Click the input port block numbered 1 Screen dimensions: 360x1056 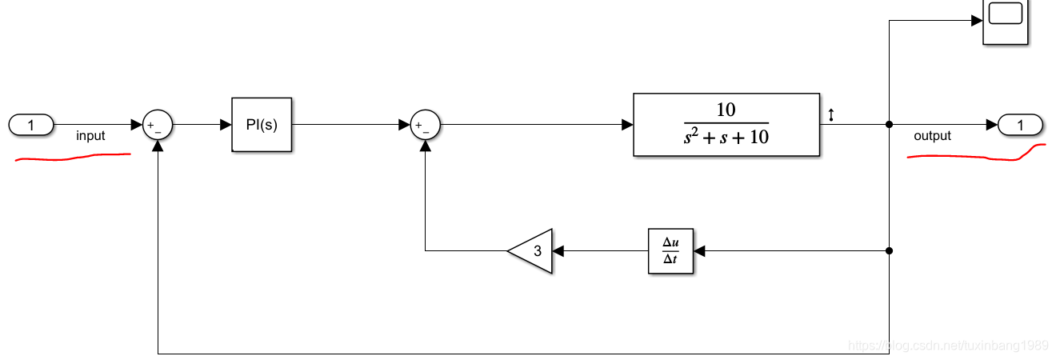(31, 125)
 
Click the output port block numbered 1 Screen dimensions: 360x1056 (1020, 125)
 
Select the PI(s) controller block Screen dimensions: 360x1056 (262, 125)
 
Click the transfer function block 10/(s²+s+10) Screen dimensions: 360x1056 (726, 125)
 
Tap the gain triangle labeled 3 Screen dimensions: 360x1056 (533, 250)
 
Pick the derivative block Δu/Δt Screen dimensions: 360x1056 (670, 250)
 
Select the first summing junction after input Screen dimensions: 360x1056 (158, 125)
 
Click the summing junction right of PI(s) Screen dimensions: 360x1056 (425, 125)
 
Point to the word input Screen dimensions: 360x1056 (90, 136)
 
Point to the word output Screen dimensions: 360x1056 (932, 136)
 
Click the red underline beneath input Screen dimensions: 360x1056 (72, 158)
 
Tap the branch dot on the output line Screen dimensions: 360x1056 (890, 125)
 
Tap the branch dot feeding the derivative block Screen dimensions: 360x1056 (890, 250)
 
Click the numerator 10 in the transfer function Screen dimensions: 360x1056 (726, 110)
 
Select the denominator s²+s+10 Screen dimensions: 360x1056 (726, 138)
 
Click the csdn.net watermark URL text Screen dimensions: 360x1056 (948, 346)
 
